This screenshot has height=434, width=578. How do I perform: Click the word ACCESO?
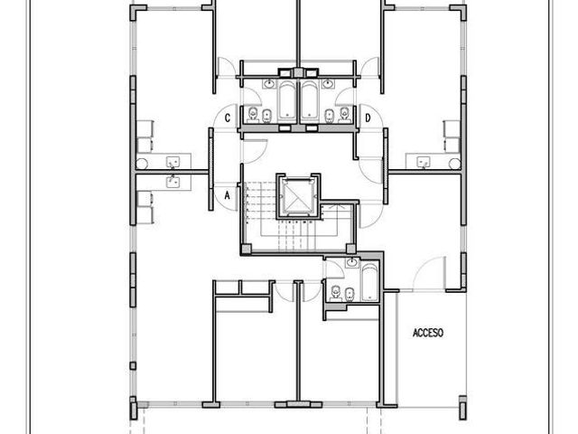click(x=428, y=333)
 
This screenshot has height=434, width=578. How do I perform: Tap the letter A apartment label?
click(x=227, y=195)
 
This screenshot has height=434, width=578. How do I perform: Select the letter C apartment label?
click(x=228, y=118)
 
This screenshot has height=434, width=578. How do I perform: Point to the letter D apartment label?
click(x=368, y=118)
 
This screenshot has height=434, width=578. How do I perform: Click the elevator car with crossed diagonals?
click(x=297, y=197)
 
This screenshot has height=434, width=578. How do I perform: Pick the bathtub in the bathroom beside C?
click(x=287, y=100)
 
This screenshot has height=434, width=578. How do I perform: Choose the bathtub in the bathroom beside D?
click(x=310, y=100)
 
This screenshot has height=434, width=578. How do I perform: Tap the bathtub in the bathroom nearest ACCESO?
click(x=369, y=282)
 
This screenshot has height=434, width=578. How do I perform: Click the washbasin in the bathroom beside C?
click(x=270, y=84)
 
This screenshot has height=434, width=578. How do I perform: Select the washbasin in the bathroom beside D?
click(x=327, y=84)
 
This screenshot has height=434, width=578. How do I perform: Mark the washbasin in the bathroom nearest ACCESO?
click(x=352, y=263)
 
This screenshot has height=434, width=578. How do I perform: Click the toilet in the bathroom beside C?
click(x=253, y=115)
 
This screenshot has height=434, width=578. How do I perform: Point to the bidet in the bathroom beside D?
click(x=330, y=116)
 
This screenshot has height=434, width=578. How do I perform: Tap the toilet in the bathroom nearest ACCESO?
click(x=335, y=293)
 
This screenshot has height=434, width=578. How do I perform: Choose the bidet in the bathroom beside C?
click(x=267, y=116)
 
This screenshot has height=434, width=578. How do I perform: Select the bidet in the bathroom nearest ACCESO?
click(x=350, y=295)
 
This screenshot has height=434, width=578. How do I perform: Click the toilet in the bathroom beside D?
click(x=344, y=115)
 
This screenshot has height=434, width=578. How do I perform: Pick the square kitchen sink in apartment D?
click(x=424, y=162)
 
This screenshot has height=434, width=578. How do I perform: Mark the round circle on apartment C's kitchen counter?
click(x=142, y=164)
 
